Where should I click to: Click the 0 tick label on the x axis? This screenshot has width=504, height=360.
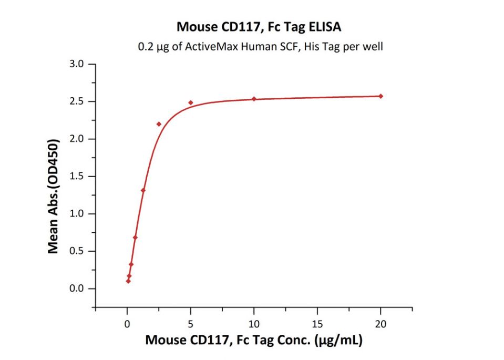127,324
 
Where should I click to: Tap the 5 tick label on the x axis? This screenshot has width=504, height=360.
191,324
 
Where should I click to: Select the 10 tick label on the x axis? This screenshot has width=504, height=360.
254,324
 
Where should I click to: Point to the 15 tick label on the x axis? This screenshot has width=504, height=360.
317,324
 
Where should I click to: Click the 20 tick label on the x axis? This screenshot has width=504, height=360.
381,324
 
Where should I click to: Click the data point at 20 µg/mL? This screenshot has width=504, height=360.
381,96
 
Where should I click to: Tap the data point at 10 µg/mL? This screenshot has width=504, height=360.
254,99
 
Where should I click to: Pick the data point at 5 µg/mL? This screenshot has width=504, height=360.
191,102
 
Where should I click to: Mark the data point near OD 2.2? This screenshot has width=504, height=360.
159,124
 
